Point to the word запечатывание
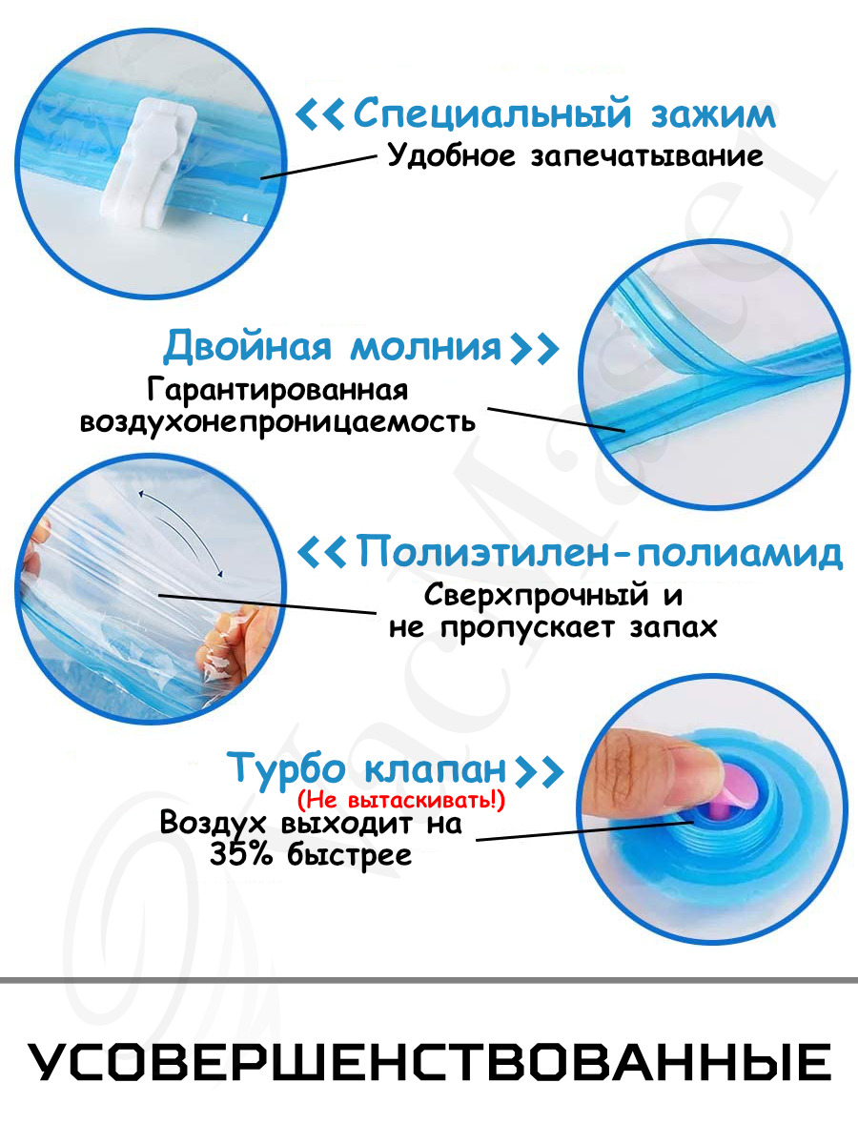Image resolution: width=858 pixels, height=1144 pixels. (647, 157)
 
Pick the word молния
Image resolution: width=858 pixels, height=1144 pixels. (425, 347)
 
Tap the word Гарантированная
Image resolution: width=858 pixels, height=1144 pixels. (277, 390)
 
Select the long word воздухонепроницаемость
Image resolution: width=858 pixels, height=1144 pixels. (277, 422)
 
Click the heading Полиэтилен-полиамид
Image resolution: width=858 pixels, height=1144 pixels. (600, 552)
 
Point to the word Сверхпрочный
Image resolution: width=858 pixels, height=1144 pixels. (536, 596)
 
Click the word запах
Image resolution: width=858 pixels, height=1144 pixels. (673, 627)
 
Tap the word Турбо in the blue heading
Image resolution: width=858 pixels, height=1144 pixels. (287, 768)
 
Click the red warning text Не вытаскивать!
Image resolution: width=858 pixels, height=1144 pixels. (401, 800)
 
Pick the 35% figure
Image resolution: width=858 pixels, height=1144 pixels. (240, 855)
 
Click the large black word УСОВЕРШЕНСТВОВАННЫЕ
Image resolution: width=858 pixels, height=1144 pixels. (429, 1062)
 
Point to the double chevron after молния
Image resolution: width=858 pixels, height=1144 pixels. (534, 348)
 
